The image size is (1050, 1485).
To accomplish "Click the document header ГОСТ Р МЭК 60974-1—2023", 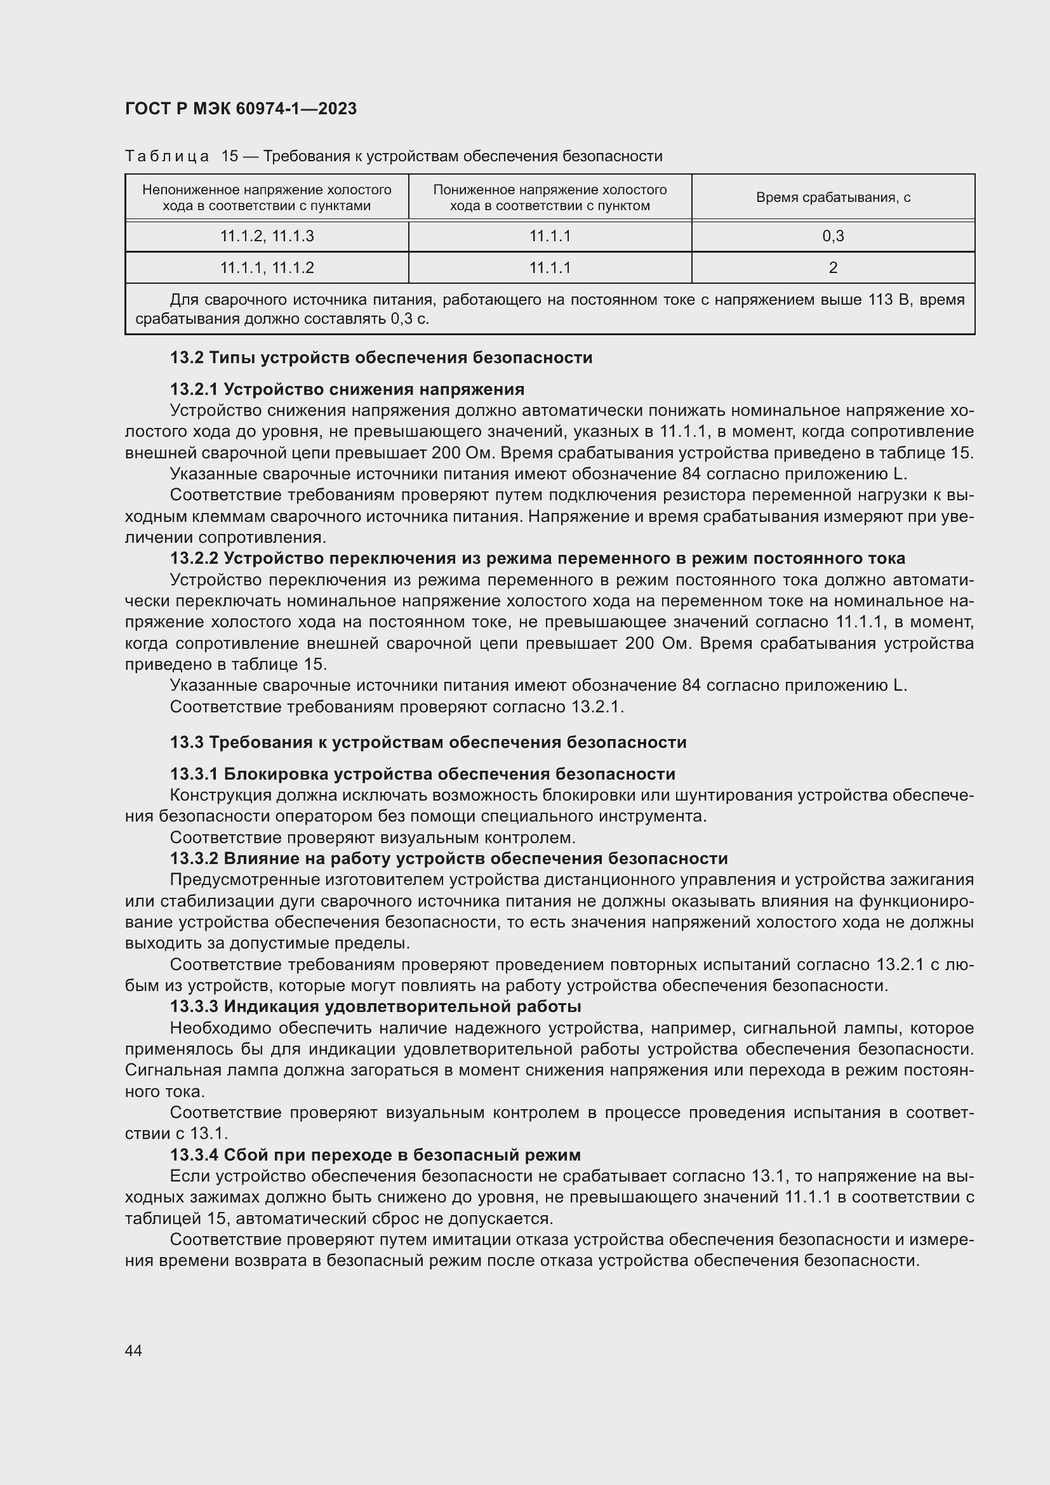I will click(241, 109).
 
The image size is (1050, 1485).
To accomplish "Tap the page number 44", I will click(134, 1350).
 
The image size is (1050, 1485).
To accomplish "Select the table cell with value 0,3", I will click(833, 236).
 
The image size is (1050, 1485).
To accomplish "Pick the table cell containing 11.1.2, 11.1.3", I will click(267, 236).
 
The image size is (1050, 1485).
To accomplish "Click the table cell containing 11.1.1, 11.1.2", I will click(267, 268).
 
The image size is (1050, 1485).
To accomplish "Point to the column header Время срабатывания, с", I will click(833, 197).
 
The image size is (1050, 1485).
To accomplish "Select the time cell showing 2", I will click(833, 268).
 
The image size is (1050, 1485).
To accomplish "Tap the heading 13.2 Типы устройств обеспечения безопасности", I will click(381, 357).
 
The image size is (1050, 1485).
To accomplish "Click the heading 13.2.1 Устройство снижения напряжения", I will click(347, 389).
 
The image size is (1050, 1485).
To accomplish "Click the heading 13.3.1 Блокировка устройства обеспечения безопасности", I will click(422, 774).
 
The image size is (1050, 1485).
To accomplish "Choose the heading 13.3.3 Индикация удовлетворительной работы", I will click(375, 1006).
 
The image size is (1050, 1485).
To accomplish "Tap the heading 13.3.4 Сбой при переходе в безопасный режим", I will click(375, 1154).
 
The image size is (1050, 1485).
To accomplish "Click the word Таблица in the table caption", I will click(167, 157).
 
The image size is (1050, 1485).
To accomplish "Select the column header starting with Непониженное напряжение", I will click(267, 197).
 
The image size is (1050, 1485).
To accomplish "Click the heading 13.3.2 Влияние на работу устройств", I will click(449, 858).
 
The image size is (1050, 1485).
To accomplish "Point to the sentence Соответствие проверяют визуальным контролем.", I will click(373, 837).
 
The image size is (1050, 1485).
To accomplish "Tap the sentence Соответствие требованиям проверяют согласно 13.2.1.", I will click(396, 707).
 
